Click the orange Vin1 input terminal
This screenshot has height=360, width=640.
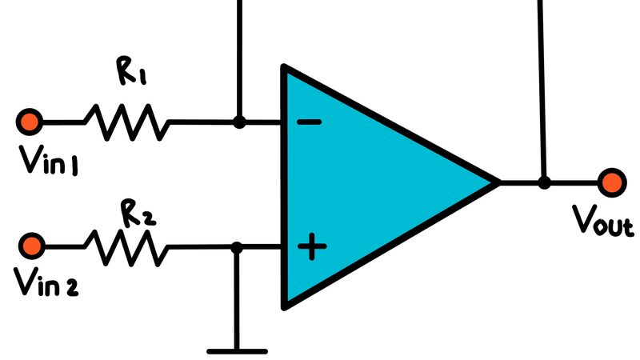[30, 122]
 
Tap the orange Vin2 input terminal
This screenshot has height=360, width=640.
[32, 244]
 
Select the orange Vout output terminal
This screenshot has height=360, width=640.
[612, 182]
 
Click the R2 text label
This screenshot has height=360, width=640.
[136, 213]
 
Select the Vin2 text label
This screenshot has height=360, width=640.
[50, 282]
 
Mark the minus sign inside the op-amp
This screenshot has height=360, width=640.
[309, 122]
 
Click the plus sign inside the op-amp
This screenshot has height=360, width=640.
[311, 247]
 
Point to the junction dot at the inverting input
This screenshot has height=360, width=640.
[238, 122]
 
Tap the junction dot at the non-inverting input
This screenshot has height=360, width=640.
[237, 247]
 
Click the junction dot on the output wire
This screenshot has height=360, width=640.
[544, 182]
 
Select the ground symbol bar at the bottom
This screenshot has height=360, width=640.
[237, 350]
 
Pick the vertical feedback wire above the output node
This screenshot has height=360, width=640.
[544, 80]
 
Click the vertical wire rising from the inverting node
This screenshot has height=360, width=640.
[238, 56]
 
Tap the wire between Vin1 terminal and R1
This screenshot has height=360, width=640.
[62, 122]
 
